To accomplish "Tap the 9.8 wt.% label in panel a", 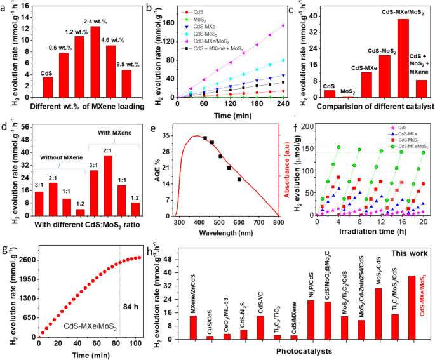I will (x=126, y=62).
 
